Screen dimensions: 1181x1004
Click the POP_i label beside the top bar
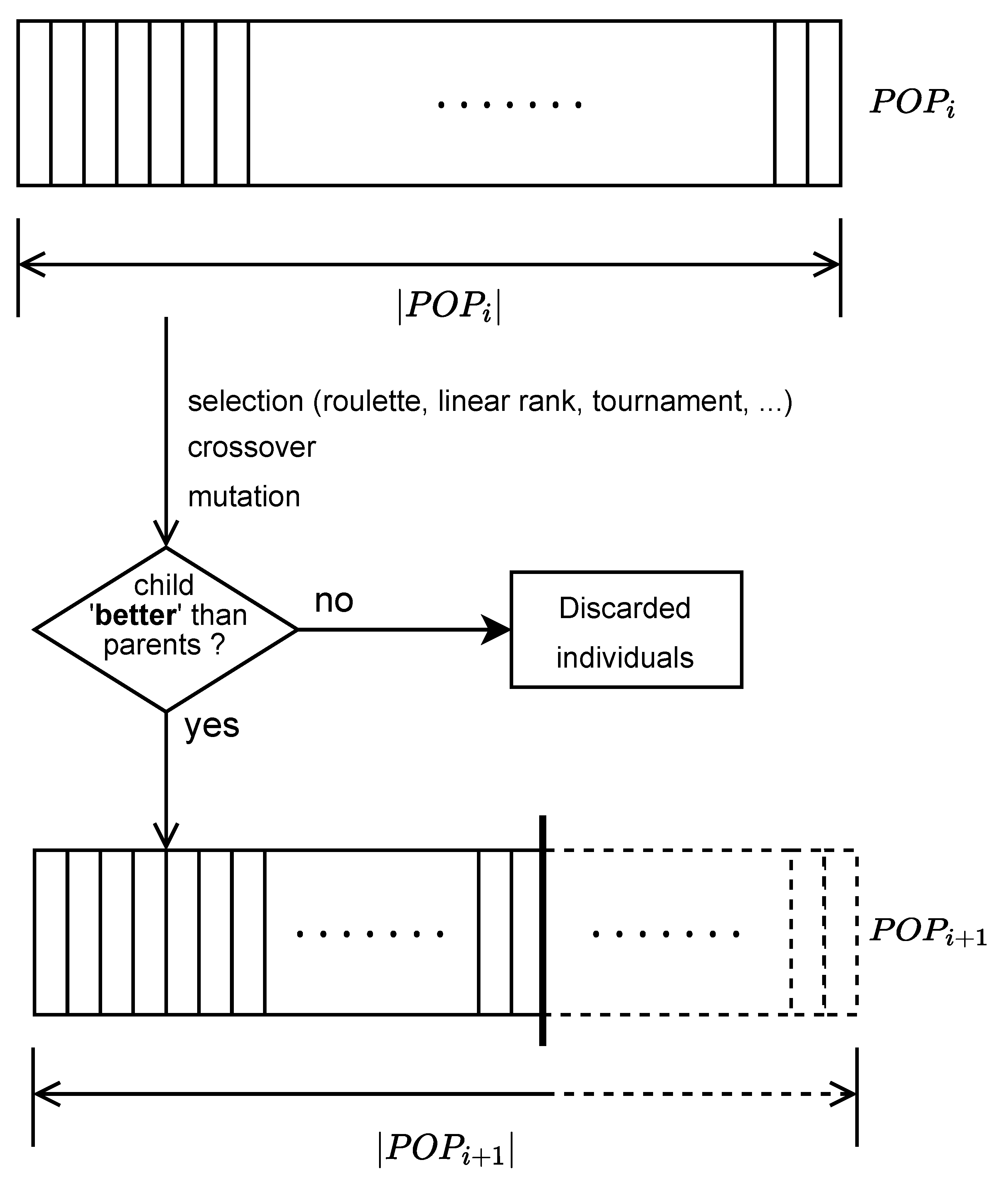coord(911,103)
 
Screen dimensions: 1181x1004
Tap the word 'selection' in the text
coord(245,402)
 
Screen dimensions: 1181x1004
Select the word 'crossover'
coord(251,448)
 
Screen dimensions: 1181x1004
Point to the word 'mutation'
coord(243,497)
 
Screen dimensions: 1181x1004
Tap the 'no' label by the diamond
coord(334,601)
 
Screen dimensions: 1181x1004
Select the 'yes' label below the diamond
coord(212,726)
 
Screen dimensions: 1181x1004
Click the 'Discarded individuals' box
coord(626,630)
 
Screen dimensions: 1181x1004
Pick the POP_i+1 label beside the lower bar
coord(927,932)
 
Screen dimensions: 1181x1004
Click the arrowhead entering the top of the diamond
coord(165,535)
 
